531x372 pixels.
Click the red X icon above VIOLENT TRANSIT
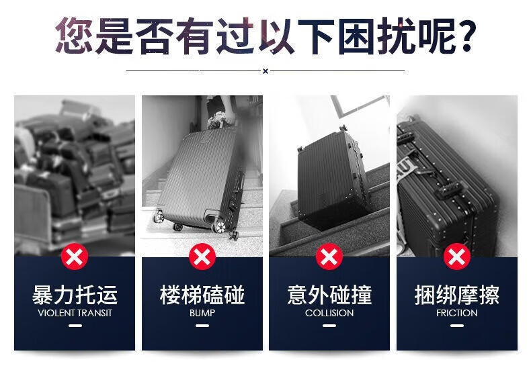pos(75,257)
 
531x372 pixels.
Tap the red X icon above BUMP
pos(202,257)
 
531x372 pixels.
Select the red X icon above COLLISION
pos(329,257)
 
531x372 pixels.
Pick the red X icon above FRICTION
pos(457,257)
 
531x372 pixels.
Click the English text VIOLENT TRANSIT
pos(75,313)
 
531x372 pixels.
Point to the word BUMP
pos(202,313)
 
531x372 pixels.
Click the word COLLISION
pos(329,313)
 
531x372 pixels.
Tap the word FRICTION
pos(457,313)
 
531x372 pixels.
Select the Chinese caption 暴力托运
pos(75,295)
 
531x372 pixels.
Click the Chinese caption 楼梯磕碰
pos(202,295)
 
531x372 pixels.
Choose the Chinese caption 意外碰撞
pos(329,295)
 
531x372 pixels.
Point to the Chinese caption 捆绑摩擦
pos(457,295)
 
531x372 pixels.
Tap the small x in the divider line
pos(265,71)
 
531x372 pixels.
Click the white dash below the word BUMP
pos(202,326)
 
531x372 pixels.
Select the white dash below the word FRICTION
pos(457,326)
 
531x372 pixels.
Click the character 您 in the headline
pos(74,35)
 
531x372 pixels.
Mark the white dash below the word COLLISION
pos(329,326)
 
